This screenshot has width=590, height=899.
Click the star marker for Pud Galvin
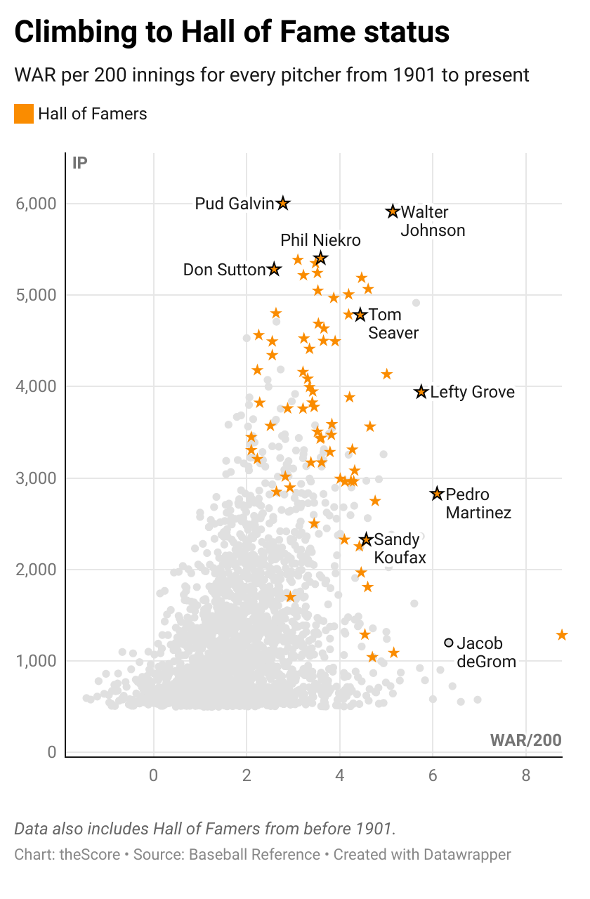tap(282, 203)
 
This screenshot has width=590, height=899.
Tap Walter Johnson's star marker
tap(393, 211)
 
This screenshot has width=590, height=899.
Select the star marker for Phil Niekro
tap(320, 258)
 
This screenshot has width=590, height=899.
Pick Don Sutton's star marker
tap(274, 269)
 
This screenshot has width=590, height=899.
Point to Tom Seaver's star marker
tap(360, 315)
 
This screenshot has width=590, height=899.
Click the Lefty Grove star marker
tap(421, 392)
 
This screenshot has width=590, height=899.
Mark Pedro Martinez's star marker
tap(437, 494)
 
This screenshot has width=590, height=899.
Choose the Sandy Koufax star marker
tap(365, 539)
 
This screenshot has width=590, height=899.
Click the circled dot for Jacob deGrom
tap(449, 643)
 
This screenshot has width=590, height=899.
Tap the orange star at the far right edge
tap(562, 635)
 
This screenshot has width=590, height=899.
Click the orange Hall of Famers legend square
tap(24, 114)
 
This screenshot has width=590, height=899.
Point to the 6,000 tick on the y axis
tap(36, 204)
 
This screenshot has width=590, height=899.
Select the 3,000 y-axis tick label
tap(36, 478)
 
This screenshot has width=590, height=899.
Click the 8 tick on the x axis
tap(525, 775)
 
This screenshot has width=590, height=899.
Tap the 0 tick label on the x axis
tap(154, 775)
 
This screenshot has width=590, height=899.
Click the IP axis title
tap(80, 164)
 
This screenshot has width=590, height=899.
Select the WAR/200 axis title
tap(525, 740)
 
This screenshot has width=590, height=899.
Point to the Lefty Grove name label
tap(472, 392)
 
